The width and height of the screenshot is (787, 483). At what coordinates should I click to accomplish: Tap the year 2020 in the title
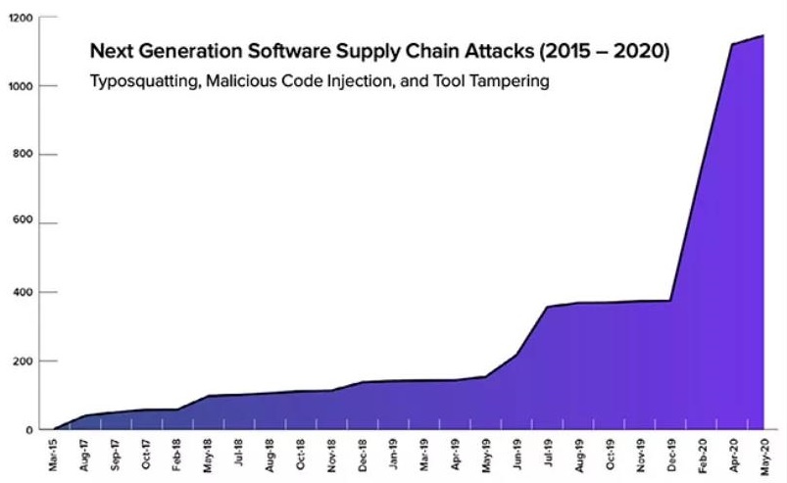click(x=640, y=52)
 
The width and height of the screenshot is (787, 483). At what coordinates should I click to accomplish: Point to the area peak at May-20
click(x=763, y=36)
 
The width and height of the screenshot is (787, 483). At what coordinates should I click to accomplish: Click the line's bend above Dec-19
click(x=671, y=301)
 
